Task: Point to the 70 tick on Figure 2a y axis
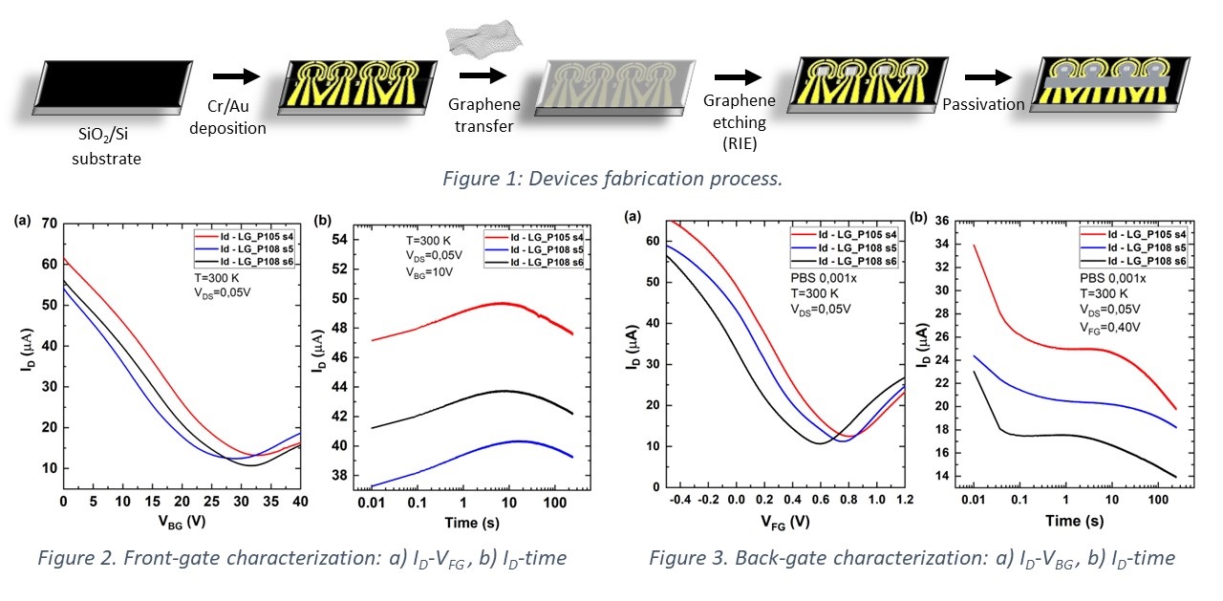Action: pyautogui.click(x=47, y=223)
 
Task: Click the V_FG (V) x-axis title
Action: pyautogui.click(x=786, y=523)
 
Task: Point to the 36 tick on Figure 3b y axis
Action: pyautogui.click(x=944, y=220)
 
